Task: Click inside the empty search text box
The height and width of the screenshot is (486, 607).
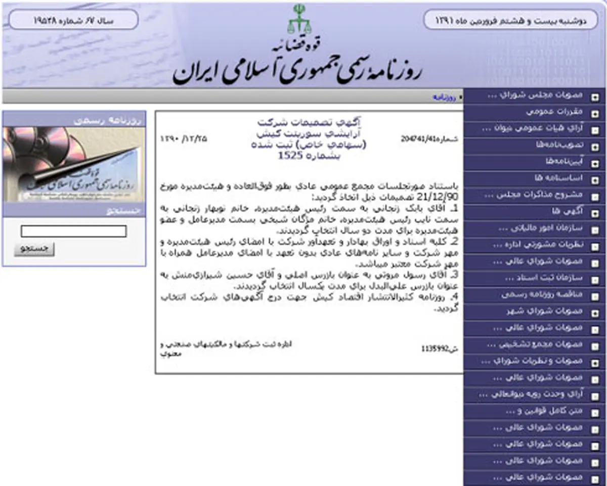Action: [73, 231]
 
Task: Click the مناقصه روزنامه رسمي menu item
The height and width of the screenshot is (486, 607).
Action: [542, 295]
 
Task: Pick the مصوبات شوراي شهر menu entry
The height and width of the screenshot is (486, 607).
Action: [544, 311]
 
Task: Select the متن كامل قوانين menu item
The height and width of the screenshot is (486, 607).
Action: [544, 411]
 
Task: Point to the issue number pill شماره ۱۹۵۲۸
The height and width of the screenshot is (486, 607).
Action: [73, 21]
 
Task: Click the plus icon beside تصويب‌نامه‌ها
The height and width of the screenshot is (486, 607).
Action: [595, 146]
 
